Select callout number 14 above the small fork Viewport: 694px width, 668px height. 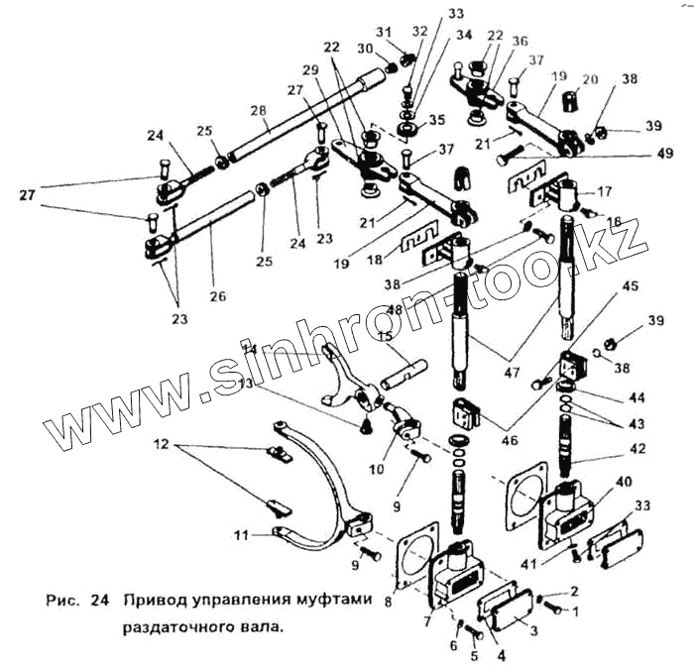251,349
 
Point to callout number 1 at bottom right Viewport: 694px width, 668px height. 571,612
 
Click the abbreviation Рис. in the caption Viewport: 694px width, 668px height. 63,601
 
